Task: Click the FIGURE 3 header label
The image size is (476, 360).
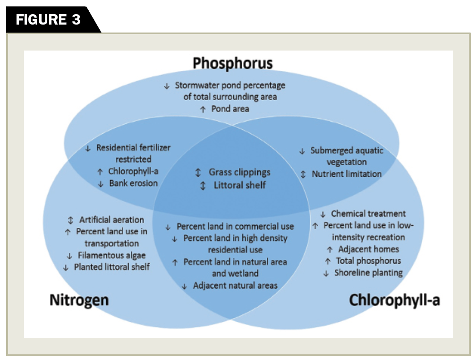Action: tap(48, 20)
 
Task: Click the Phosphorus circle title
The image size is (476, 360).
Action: tap(233, 63)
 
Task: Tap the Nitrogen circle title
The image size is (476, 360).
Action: tap(79, 300)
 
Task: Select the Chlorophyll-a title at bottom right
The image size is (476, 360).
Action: tap(395, 300)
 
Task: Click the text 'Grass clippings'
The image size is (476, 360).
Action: tap(239, 172)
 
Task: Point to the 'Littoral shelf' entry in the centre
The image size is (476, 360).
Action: tap(239, 185)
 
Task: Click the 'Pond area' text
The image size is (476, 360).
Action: tap(230, 109)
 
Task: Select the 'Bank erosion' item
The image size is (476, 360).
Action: tap(134, 183)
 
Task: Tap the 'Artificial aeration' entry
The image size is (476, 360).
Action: tap(111, 220)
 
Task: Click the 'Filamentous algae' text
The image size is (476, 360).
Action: tap(111, 256)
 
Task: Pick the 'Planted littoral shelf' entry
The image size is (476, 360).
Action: tap(112, 267)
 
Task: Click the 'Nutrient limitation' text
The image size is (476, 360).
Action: tap(347, 174)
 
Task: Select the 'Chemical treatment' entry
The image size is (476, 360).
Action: tap(368, 214)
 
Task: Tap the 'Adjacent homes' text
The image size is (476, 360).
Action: tap(368, 249)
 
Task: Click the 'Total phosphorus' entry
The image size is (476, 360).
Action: tap(368, 261)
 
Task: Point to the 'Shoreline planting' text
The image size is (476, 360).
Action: tap(368, 273)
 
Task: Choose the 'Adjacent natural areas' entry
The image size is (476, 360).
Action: tap(235, 285)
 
